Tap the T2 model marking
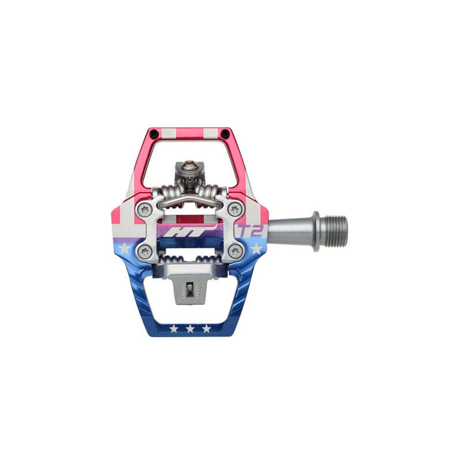coord(251,230)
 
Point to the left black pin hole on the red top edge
coord(154,134)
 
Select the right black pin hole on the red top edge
coord(225,134)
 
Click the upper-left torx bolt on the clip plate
coord(145,210)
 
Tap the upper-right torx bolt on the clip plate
coord(235,210)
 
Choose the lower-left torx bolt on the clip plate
coord(145,251)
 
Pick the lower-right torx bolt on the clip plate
coord(235,251)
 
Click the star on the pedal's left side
coord(124,248)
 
